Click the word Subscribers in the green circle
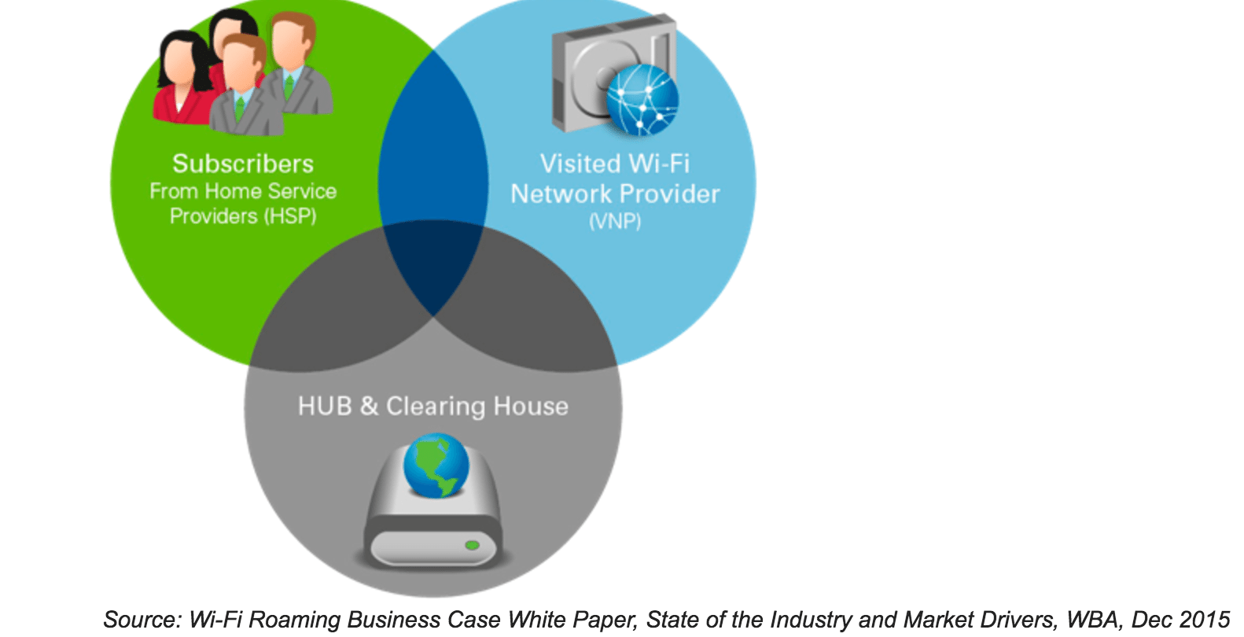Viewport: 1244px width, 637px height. point(243,164)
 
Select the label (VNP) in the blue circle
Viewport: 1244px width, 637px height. point(615,222)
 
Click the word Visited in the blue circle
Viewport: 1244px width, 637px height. point(580,164)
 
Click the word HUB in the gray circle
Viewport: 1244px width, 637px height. point(325,406)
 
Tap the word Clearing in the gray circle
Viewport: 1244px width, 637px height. point(435,407)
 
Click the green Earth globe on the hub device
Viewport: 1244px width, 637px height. point(436,465)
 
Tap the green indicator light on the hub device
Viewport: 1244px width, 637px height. point(472,545)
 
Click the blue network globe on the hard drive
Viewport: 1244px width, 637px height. point(642,101)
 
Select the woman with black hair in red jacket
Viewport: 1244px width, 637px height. point(186,79)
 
